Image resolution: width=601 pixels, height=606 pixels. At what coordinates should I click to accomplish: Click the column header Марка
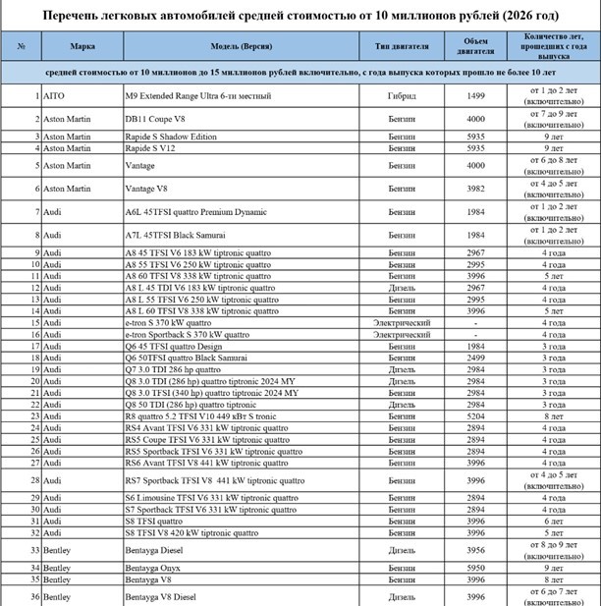click(x=83, y=45)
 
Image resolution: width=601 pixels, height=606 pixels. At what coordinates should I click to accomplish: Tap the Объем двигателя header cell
click(x=475, y=45)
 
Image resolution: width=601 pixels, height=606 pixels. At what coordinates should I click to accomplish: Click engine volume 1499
click(x=475, y=96)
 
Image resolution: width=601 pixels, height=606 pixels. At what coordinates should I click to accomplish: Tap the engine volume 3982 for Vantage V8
click(x=475, y=188)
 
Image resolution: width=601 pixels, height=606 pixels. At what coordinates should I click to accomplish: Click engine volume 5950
click(x=475, y=568)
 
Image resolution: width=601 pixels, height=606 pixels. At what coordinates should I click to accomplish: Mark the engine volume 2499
click(x=475, y=358)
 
